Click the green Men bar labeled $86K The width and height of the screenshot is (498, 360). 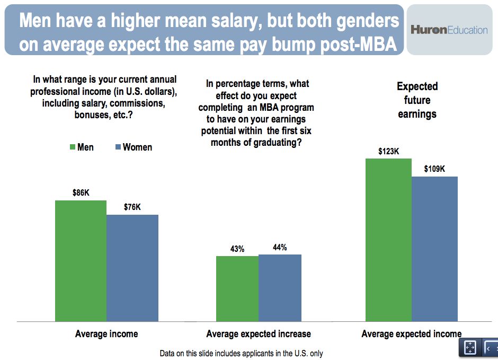pyautogui.click(x=81, y=261)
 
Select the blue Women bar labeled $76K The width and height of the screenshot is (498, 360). pyautogui.click(x=132, y=268)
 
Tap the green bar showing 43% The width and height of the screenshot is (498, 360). pyautogui.click(x=237, y=289)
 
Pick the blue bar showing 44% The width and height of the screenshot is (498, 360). pyautogui.click(x=280, y=288)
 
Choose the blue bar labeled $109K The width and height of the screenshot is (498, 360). pyautogui.click(x=434, y=249)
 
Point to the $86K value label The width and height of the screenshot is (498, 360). pyautogui.click(x=81, y=193)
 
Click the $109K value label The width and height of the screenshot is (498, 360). pyautogui.click(x=434, y=169)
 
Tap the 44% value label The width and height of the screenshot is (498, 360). pyautogui.click(x=280, y=247)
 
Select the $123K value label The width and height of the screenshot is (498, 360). pyautogui.click(x=388, y=151)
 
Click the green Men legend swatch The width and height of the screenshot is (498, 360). pyautogui.click(x=72, y=147)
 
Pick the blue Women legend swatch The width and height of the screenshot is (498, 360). pyautogui.click(x=118, y=147)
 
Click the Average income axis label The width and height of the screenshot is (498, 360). pyautogui.click(x=106, y=334)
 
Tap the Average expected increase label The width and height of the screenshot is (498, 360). pyautogui.click(x=259, y=334)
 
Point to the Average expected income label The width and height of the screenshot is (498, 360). pyautogui.click(x=411, y=334)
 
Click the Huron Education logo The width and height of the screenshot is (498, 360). pyautogui.click(x=449, y=30)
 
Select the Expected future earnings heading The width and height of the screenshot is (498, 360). pyautogui.click(x=417, y=100)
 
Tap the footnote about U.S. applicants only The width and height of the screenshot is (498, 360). pyautogui.click(x=241, y=353)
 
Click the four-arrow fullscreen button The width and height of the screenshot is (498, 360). pyautogui.click(x=470, y=347)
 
